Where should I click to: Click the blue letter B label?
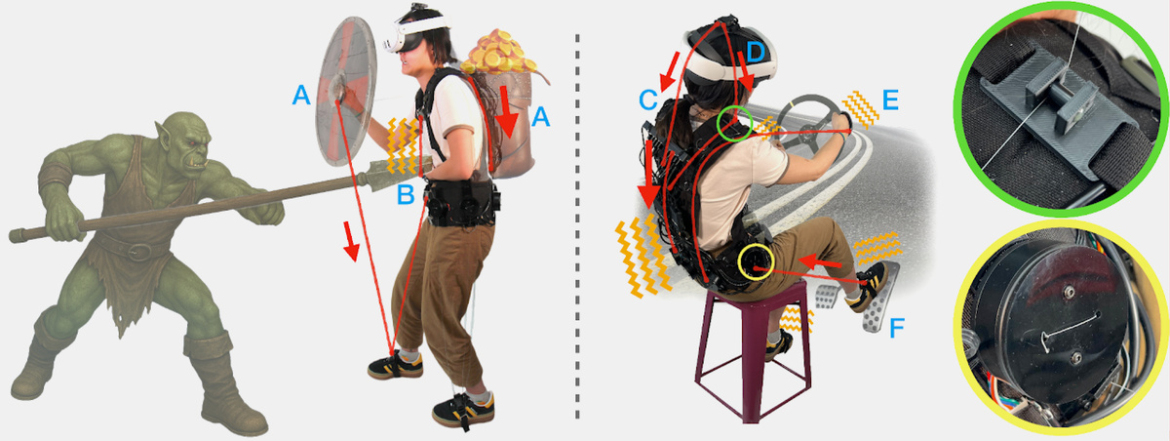406,194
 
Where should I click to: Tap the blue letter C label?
648,100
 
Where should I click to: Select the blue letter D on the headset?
756,51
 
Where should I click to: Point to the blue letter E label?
890,100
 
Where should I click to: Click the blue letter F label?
896,328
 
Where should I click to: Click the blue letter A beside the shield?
301,95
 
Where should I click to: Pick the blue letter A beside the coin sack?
540,116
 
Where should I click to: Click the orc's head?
184,144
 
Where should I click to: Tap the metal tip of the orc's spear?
389,175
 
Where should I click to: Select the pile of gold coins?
498,53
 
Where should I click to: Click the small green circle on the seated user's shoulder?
734,123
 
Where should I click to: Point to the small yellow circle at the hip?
756,261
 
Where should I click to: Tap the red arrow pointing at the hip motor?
819,261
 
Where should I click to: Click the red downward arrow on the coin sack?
506,111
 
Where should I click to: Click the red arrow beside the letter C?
670,71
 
